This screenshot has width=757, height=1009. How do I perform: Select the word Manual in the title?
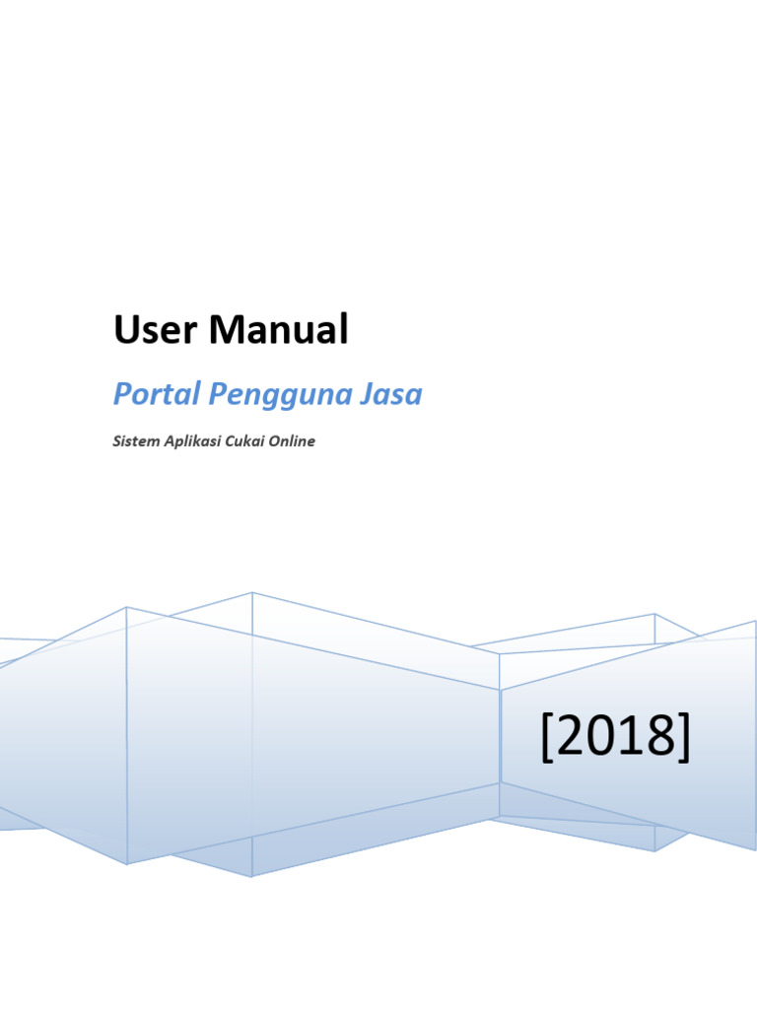(278, 330)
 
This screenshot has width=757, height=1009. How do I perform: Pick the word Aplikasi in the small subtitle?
(190, 442)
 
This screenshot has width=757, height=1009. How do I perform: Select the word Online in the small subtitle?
(293, 441)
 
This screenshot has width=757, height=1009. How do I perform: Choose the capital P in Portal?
(121, 394)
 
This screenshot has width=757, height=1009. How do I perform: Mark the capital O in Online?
(276, 441)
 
